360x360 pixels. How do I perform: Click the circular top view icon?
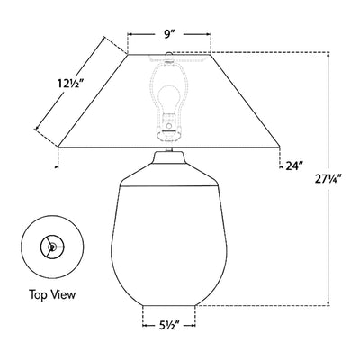click(x=53, y=246)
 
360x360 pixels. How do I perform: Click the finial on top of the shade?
click(x=168, y=58)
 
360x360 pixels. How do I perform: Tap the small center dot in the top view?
click(x=53, y=246)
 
